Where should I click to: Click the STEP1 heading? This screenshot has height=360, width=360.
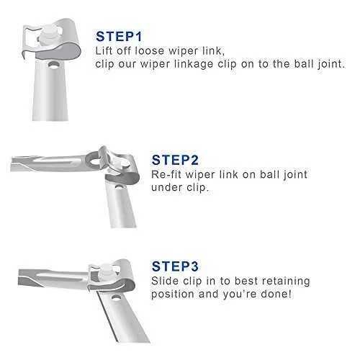tap(119, 37)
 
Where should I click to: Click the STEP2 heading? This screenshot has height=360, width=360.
tap(175, 160)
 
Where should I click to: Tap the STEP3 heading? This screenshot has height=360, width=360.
tap(175, 266)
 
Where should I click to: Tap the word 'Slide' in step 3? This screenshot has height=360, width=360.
tap(165, 281)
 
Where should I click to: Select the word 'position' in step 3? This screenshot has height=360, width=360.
tap(173, 294)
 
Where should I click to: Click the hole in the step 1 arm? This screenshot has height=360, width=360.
tap(53, 65)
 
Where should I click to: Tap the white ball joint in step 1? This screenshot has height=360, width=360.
tap(49, 36)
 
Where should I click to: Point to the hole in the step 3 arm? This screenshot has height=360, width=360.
tap(117, 298)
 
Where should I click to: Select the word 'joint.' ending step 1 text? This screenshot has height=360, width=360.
tap(331, 64)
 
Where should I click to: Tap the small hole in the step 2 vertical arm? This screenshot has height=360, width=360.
tap(118, 186)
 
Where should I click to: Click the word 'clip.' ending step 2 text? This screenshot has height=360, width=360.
tap(197, 188)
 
